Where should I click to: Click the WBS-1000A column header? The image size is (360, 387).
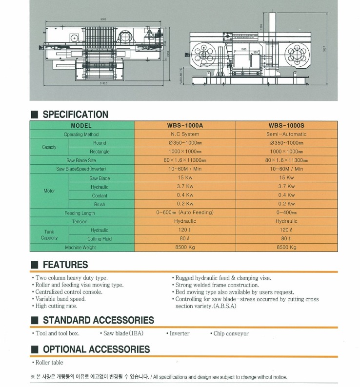click(x=185, y=125)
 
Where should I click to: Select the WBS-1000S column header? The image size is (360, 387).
click(x=286, y=125)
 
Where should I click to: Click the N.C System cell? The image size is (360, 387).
click(x=185, y=134)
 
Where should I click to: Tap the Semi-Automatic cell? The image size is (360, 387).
click(x=286, y=134)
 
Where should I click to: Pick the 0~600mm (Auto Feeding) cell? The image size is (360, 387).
click(x=185, y=213)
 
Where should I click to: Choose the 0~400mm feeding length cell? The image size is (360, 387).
click(x=286, y=213)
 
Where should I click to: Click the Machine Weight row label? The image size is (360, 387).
click(x=80, y=248)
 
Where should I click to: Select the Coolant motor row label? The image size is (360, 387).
click(x=100, y=195)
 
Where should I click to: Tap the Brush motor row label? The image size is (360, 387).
click(x=100, y=204)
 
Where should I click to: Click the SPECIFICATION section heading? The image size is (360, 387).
click(x=76, y=115)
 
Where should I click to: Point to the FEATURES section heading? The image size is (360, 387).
click(x=65, y=265)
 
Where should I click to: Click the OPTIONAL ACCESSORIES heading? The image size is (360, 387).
click(x=97, y=349)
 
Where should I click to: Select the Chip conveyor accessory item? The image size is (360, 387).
click(x=231, y=334)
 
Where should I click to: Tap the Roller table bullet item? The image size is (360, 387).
click(x=49, y=363)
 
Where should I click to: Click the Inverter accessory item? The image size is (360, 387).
click(x=179, y=334)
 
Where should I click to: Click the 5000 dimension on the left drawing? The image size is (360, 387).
click(x=103, y=19)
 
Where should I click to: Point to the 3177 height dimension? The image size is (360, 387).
click(x=324, y=48)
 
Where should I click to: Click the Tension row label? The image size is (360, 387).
click(x=80, y=221)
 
